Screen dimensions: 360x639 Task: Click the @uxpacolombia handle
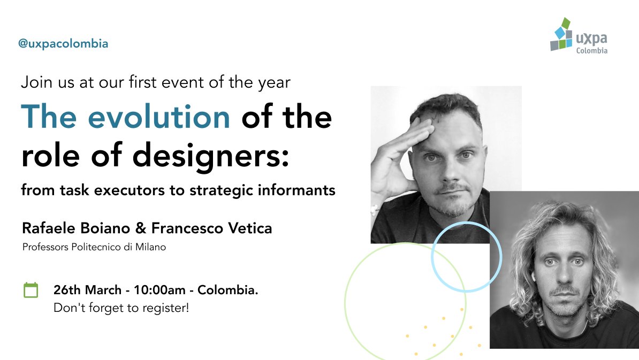pyautogui.click(x=63, y=44)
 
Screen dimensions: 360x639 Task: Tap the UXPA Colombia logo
pyautogui.click(x=579, y=36)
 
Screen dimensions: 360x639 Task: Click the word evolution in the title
pyautogui.click(x=159, y=117)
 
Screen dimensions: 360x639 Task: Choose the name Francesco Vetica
pyautogui.click(x=212, y=228)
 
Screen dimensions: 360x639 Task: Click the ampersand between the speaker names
pyautogui.click(x=139, y=229)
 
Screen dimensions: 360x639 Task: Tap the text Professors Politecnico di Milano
pyautogui.click(x=94, y=247)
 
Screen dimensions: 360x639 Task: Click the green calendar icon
pyautogui.click(x=31, y=290)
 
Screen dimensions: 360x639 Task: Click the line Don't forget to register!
pyautogui.click(x=121, y=308)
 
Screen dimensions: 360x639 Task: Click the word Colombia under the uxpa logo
pyautogui.click(x=591, y=51)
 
